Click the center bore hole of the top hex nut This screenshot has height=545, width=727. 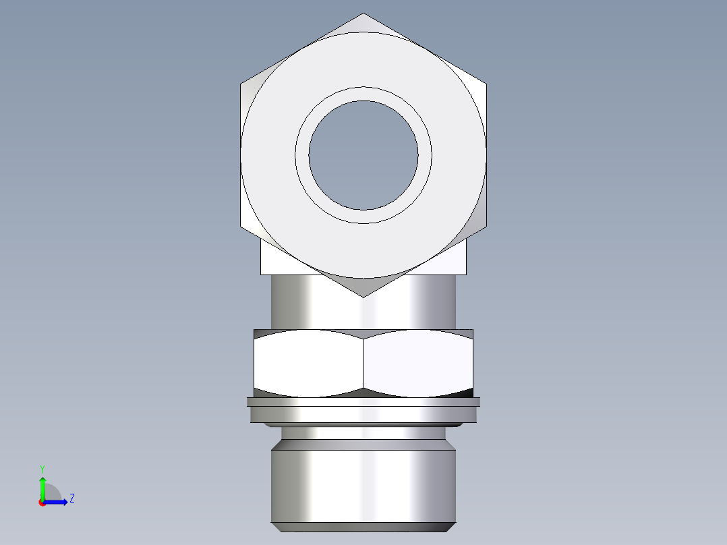point(363,154)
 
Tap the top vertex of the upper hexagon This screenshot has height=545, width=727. point(363,13)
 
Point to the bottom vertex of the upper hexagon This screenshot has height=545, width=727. point(363,297)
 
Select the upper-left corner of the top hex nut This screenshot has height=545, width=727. point(241,84)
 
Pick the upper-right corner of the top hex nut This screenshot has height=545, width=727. point(486,84)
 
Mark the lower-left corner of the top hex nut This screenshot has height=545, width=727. point(241,226)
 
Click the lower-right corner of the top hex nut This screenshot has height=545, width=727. point(486,226)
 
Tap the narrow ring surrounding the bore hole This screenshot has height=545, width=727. point(302,154)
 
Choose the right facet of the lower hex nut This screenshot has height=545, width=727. point(418,363)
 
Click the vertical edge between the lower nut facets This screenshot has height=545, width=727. point(363,363)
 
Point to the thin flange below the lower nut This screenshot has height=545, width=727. point(363,402)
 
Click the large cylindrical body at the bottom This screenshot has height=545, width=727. point(363,486)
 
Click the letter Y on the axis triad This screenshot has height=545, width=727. point(42,468)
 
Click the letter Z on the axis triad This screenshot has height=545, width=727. point(71,498)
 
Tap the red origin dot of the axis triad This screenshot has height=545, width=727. point(42,502)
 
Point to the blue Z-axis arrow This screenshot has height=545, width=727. point(57,501)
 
